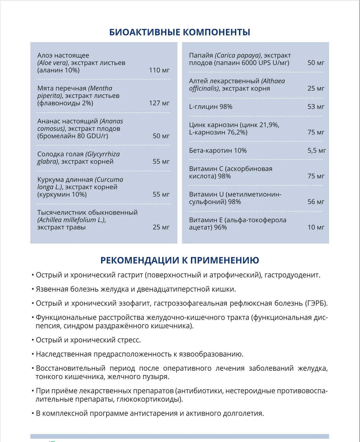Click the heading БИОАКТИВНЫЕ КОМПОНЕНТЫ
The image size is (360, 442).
[x=180, y=32]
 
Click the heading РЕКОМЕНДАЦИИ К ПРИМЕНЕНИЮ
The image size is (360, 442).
[x=180, y=260]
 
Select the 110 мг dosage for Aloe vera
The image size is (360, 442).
[x=159, y=70]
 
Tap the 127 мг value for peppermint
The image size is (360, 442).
[x=159, y=103]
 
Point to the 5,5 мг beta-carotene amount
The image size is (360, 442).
[x=317, y=151]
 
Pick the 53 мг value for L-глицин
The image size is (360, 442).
[x=316, y=107]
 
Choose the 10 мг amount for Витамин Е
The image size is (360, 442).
[x=316, y=227]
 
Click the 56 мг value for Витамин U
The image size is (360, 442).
[x=316, y=202]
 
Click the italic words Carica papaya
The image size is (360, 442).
[x=238, y=55]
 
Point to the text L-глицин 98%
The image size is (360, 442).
[x=211, y=107]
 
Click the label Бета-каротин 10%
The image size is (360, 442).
[x=218, y=151]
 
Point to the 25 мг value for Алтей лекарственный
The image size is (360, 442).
[x=316, y=88]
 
